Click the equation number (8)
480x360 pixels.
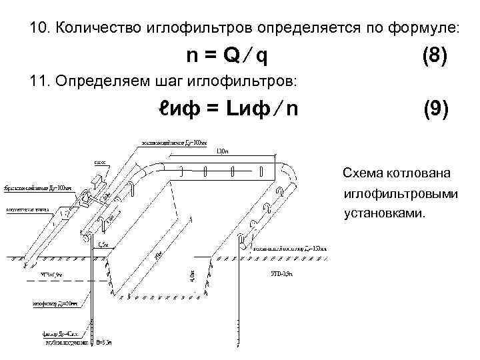point(435,55)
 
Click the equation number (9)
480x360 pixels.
point(435,109)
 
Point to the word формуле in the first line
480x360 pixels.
point(423,29)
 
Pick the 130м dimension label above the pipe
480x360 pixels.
point(224,151)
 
